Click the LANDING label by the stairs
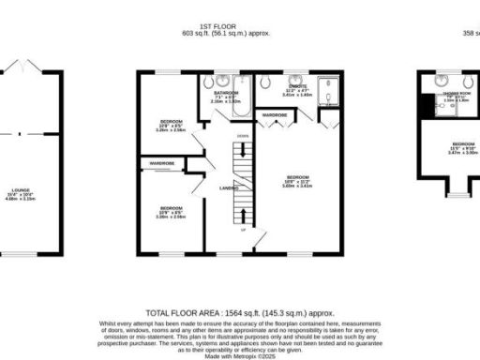(x=228, y=188)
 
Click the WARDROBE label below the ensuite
(x=275, y=115)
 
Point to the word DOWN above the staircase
(x=242, y=136)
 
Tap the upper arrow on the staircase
(x=243, y=149)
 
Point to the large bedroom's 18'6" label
(x=299, y=180)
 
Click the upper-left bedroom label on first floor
(x=170, y=124)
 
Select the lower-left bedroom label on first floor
(x=170, y=208)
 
